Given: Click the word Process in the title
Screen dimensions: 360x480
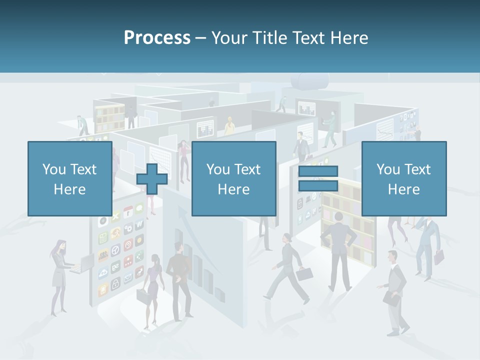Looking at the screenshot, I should coord(157,38).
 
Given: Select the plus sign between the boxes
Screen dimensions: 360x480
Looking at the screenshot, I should coord(151,178).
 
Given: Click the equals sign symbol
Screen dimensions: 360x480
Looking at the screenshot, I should coord(318,178).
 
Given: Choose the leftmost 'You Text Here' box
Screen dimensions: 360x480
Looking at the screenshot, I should coord(69,178).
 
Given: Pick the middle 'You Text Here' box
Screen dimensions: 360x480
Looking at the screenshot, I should coord(233,178).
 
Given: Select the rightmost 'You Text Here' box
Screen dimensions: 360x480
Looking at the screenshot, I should coord(403,178).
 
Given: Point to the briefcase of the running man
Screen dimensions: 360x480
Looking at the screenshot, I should coord(304,273).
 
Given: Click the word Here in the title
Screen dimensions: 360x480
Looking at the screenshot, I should coord(349,38).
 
